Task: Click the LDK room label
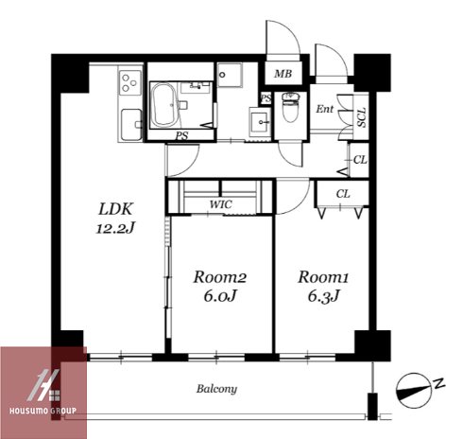[x=115, y=209]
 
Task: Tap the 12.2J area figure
[x=115, y=228]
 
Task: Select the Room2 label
[x=220, y=277]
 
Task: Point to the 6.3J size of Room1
[x=323, y=296]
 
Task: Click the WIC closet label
[x=221, y=204]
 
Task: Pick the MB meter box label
[x=283, y=74]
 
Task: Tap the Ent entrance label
[x=324, y=109]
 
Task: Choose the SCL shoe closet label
[x=362, y=117]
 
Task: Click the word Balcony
[x=216, y=389]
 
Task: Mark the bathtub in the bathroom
[x=163, y=104]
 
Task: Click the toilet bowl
[x=290, y=108]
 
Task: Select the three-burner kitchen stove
[x=129, y=82]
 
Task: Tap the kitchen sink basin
[x=131, y=124]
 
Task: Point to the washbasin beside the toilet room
[x=260, y=122]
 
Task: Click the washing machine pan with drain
[x=230, y=75]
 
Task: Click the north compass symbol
[x=413, y=390]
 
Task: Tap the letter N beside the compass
[x=439, y=383]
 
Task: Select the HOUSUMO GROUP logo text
[x=43, y=411]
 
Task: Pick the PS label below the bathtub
[x=181, y=136]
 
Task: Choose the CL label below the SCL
[x=360, y=160]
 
